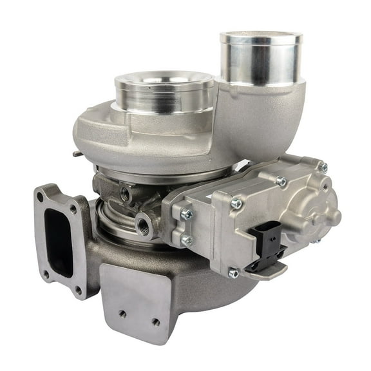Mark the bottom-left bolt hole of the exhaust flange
46,273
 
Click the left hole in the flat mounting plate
122,314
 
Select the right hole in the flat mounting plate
155,321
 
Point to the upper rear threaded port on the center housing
124,193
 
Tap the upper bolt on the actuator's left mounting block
187,213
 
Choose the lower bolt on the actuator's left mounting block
187,240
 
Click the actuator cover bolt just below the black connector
233,273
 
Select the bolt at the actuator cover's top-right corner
323,167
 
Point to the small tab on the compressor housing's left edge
77,153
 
